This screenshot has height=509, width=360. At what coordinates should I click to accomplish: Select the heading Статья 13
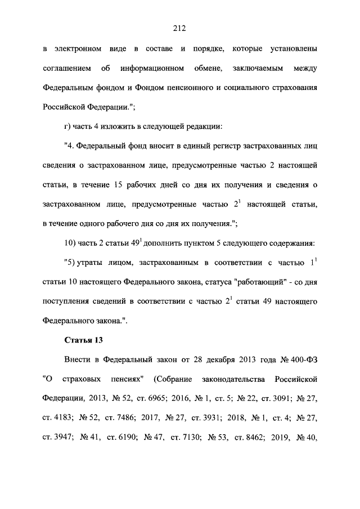point(83,340)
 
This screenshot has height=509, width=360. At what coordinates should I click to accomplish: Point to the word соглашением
point(64,69)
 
